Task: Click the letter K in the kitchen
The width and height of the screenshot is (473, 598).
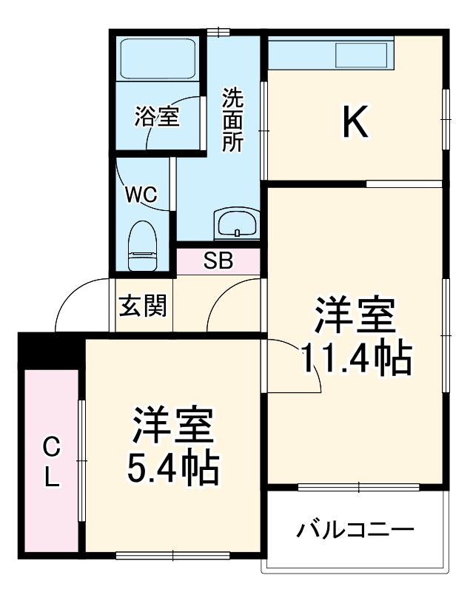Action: tap(355, 122)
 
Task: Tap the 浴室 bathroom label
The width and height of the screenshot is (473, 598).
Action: tap(157, 116)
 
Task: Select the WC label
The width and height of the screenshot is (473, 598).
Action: tap(140, 195)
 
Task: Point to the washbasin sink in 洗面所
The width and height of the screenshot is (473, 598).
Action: tap(236, 222)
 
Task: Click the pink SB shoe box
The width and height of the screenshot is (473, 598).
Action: tap(218, 261)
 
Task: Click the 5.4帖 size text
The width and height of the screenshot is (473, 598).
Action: tap(173, 466)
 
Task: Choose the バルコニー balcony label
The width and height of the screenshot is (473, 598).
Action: tap(355, 530)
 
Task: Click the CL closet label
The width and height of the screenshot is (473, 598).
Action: tap(50, 462)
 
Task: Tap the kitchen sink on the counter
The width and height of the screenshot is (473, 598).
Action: tap(362, 55)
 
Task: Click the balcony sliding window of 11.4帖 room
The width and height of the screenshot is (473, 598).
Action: tap(358, 487)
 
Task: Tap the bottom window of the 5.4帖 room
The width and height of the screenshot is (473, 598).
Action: tap(175, 554)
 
